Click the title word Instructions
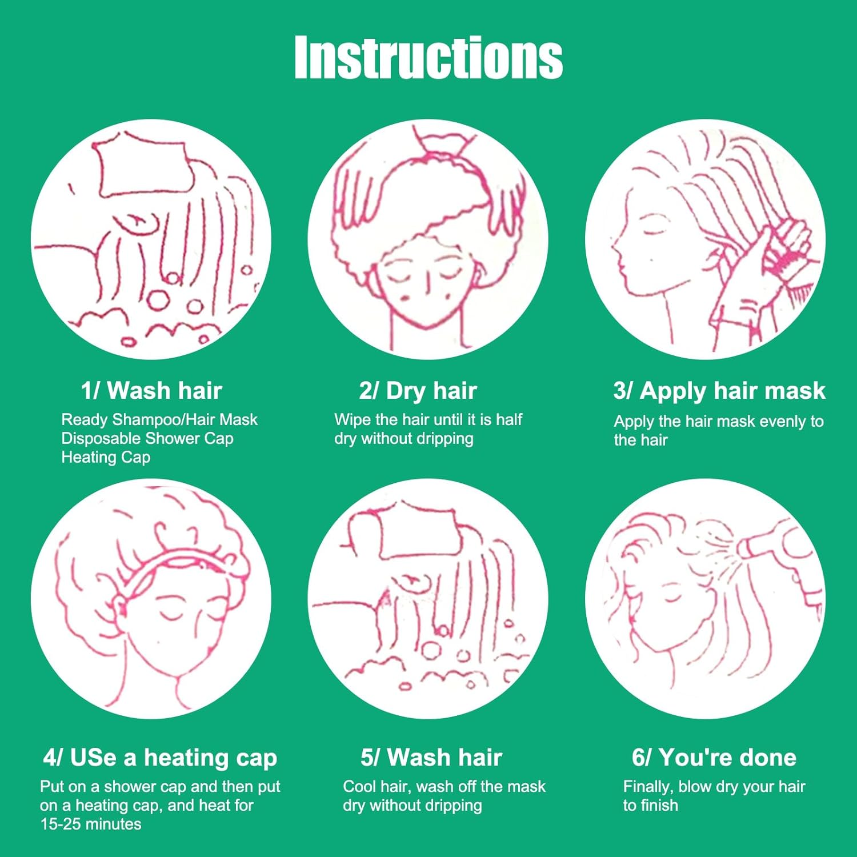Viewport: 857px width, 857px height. coord(428,57)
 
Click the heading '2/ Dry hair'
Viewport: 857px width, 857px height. coord(418,391)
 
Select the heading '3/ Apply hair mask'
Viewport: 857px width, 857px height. coord(719,391)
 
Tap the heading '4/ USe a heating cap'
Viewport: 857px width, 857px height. coord(160,758)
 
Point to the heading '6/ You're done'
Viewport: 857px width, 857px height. coord(714,758)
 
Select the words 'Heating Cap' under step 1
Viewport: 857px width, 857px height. coord(106,457)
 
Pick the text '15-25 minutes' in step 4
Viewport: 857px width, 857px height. coord(91,824)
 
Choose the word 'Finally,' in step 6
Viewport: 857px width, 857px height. coord(648,787)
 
